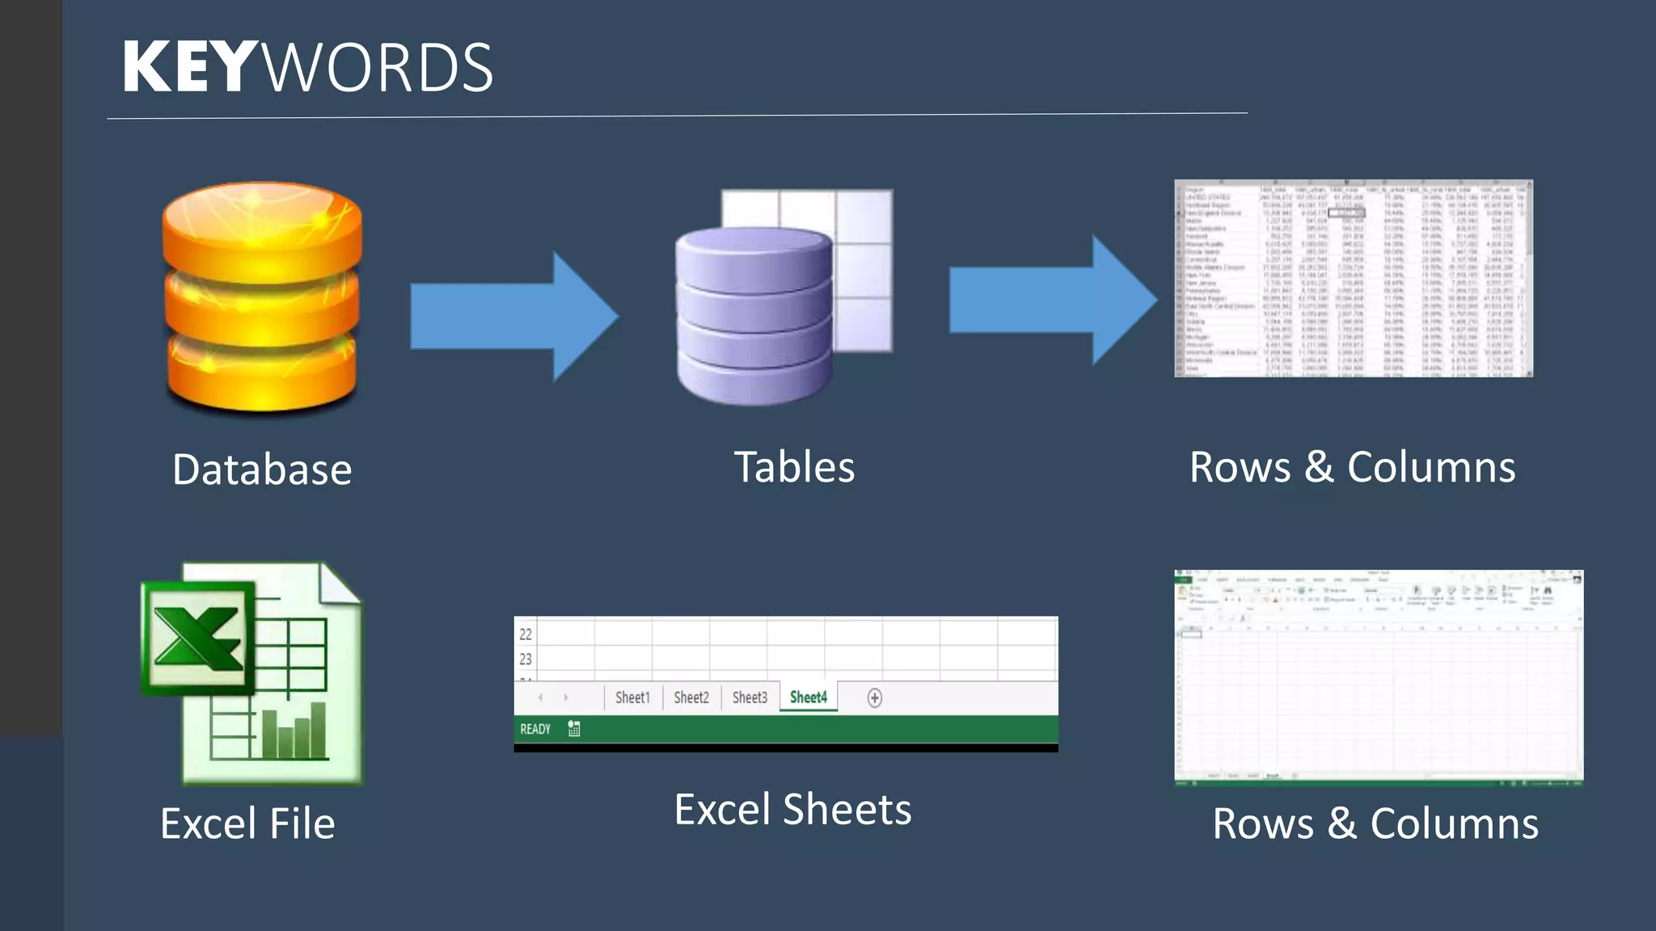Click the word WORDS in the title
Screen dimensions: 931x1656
coord(378,68)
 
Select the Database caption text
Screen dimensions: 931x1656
coord(262,470)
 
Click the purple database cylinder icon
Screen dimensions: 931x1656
coord(754,315)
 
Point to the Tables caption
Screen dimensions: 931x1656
coord(794,467)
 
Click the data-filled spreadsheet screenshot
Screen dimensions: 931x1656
coord(1353,278)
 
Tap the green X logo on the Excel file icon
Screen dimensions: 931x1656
coord(197,638)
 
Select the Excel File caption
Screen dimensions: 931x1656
coord(247,824)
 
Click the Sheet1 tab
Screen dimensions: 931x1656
coord(632,697)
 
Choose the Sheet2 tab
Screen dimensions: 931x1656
coord(691,697)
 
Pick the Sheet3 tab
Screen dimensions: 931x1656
coord(750,697)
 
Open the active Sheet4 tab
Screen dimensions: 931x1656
coord(809,697)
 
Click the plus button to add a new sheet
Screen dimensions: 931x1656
coord(874,698)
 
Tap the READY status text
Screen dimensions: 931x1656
coord(535,729)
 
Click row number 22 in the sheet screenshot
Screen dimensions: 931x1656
coord(526,634)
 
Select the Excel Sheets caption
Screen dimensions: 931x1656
coord(792,810)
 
